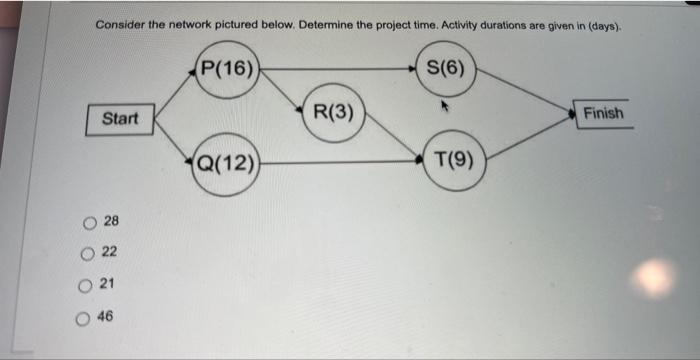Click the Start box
[120, 119]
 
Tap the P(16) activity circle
[228, 69]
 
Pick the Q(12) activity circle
[228, 159]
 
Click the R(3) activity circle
[333, 112]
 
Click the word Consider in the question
[122, 23]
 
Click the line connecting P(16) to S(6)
[340, 69]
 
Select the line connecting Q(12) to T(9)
[340, 160]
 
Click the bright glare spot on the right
[656, 277]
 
